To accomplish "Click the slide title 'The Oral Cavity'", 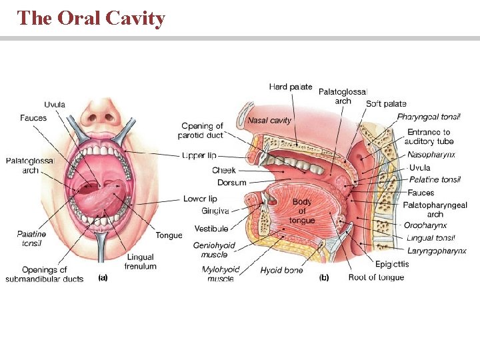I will pos(91,18).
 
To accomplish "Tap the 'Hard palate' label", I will pos(290,87).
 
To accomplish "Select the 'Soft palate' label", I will pos(386,104).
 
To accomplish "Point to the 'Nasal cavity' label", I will pos(269,121).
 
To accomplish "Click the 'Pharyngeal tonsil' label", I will pos(429,117).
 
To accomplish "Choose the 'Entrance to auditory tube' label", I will pos(430,137).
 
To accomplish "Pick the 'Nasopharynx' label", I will pos(431,155).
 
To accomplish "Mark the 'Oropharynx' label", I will pos(425,225).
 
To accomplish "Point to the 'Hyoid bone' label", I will pos(281,270).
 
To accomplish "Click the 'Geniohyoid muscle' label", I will pos(214,250).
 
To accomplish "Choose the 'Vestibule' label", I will pos(211,229).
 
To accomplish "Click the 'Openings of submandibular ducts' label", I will pos(45,274).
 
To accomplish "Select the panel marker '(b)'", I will pos(325,277).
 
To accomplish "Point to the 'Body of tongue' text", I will pos(302,211).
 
